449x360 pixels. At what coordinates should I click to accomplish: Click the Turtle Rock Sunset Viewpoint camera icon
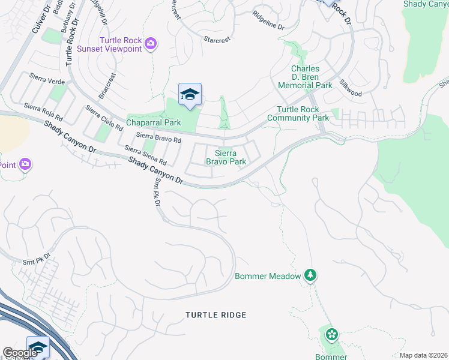tap(151, 43)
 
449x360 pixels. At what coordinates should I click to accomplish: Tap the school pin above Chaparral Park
tap(190, 95)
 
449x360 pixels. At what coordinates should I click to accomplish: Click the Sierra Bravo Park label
tap(226, 157)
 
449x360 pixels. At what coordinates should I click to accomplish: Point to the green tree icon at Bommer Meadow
tap(310, 275)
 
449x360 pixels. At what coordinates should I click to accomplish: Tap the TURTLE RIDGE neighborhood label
tap(215, 315)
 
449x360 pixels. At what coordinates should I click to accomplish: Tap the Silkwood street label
tap(350, 88)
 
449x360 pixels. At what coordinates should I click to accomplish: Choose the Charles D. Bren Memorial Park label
tap(305, 77)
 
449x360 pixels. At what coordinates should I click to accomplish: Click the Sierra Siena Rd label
tap(145, 155)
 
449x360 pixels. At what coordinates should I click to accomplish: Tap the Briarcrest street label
tap(109, 86)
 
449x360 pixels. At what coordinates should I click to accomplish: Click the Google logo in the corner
tap(20, 353)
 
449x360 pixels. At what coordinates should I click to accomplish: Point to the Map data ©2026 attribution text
tap(423, 355)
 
